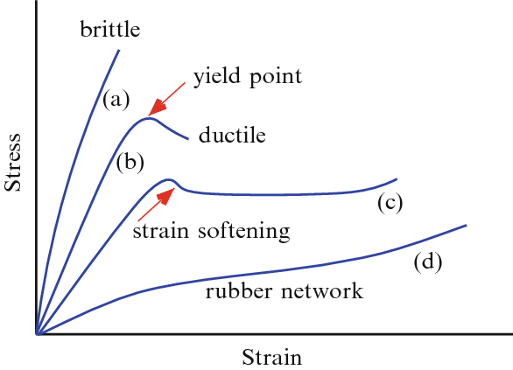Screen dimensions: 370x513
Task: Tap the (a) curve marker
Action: click(116, 99)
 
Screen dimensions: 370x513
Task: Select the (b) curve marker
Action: click(130, 162)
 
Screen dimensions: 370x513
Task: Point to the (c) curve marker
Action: click(390, 203)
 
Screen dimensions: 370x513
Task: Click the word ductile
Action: click(232, 136)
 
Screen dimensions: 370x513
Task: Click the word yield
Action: click(215, 77)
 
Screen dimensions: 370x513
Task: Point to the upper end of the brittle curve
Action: click(118, 51)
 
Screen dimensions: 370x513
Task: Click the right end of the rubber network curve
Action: click(466, 225)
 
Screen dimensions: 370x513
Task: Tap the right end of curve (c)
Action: click(397, 178)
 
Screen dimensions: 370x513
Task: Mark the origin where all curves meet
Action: click(37, 333)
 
